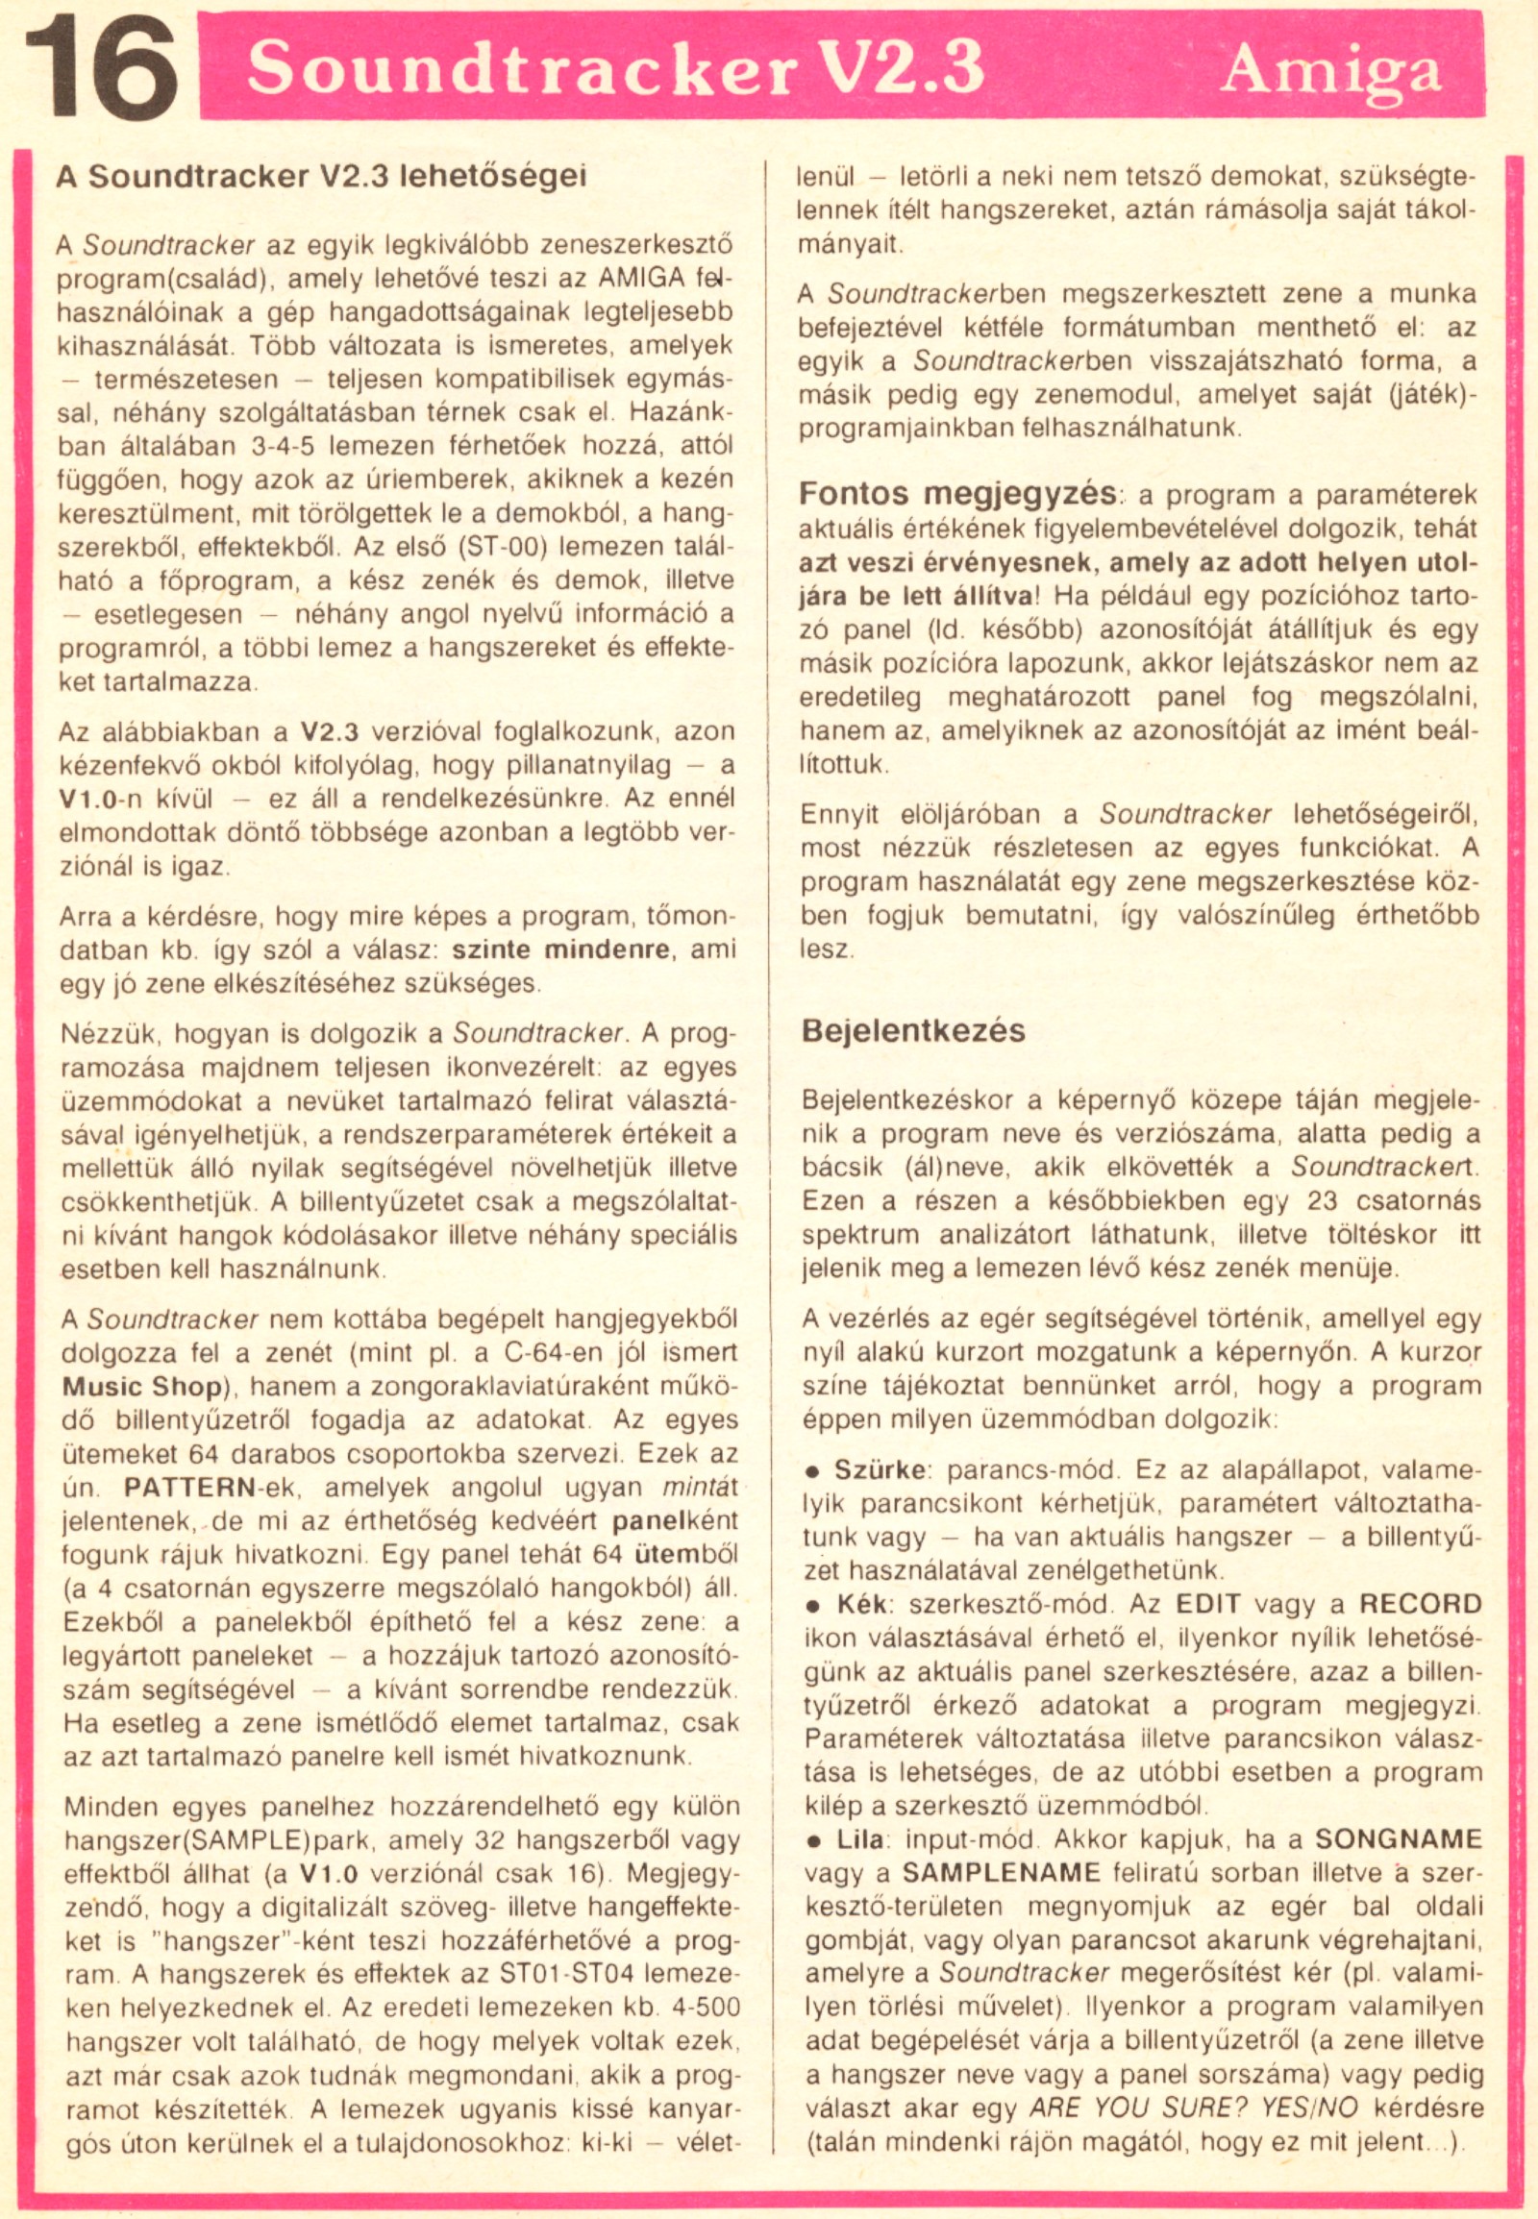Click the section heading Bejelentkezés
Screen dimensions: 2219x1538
(912, 1030)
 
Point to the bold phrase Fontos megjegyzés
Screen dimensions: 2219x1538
(956, 493)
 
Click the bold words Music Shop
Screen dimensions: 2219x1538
(141, 1387)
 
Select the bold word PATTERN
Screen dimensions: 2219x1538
(187, 1487)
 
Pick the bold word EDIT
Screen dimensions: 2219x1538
(1206, 1604)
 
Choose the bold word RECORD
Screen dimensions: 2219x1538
(1420, 1604)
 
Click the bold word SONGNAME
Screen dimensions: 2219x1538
(1399, 1838)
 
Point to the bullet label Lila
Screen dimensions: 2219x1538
(858, 1838)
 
